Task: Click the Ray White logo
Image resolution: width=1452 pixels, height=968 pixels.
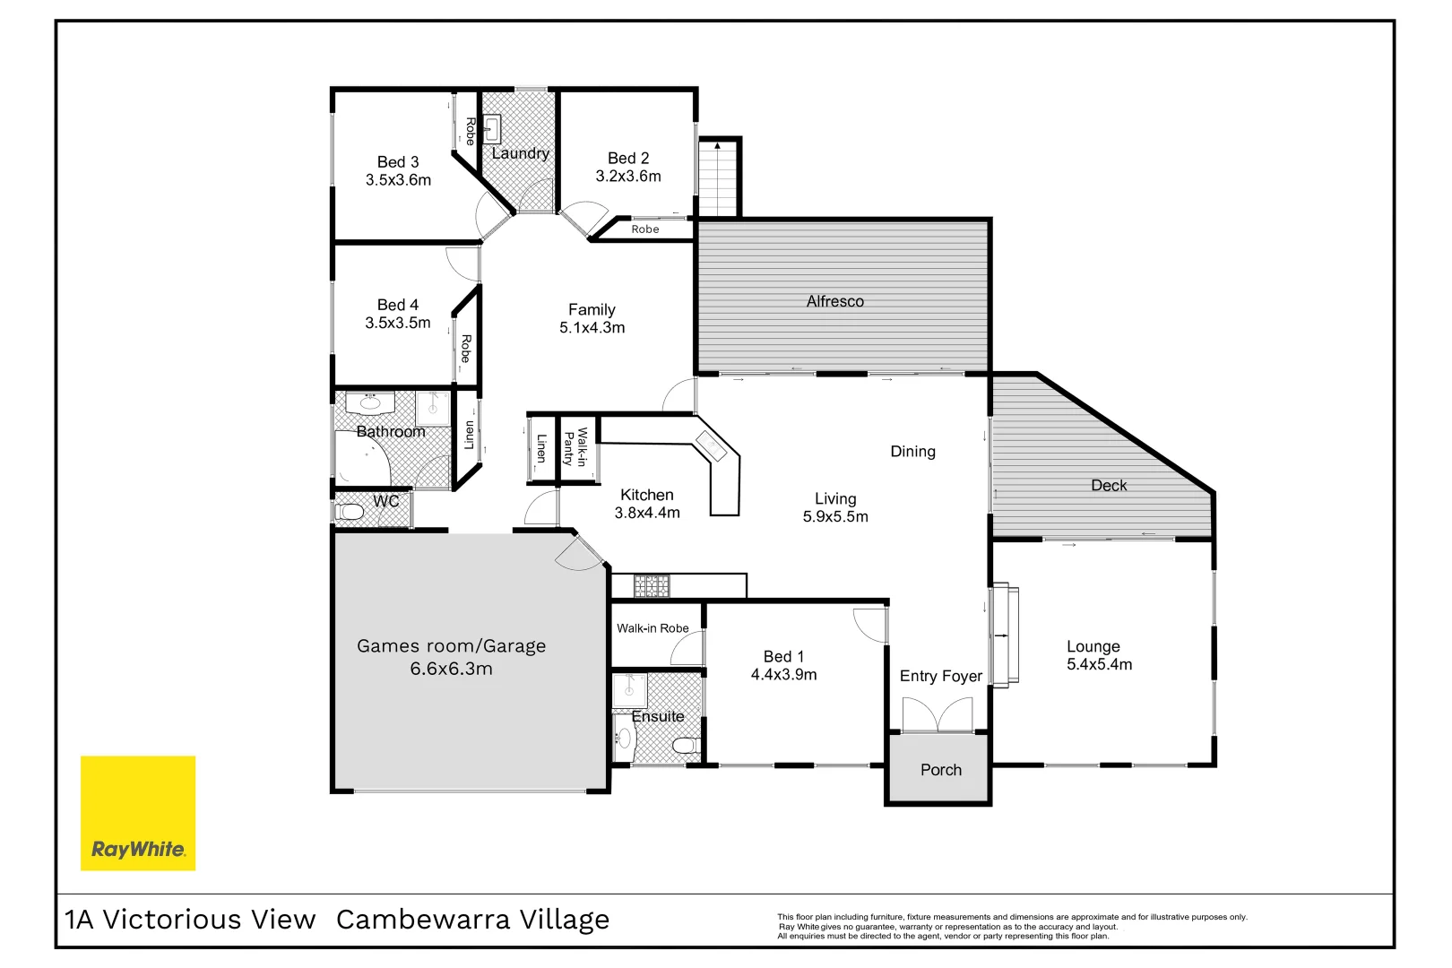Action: click(x=138, y=812)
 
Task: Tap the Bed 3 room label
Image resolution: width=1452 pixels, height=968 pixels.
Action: click(x=398, y=162)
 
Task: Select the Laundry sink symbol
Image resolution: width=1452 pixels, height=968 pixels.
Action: click(x=491, y=129)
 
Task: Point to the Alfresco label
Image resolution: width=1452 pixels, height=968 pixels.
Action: click(x=834, y=302)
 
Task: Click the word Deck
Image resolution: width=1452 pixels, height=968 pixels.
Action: click(x=1109, y=486)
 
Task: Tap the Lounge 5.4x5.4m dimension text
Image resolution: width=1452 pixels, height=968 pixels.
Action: click(x=1099, y=665)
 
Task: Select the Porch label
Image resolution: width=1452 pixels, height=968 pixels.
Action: click(x=940, y=770)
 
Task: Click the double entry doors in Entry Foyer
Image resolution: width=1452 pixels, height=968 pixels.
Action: click(x=937, y=715)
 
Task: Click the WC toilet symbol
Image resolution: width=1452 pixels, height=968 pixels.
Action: click(x=350, y=513)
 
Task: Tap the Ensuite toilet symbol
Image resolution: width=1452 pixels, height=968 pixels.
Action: click(x=686, y=746)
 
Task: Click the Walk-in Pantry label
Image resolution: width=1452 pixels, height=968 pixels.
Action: click(x=575, y=447)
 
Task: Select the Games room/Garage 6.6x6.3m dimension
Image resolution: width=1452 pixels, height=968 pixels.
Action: click(x=451, y=670)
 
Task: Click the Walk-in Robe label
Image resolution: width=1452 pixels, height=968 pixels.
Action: click(x=653, y=628)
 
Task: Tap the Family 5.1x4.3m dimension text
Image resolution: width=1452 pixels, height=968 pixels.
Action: click(x=592, y=328)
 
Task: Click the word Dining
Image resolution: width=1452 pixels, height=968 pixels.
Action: click(x=912, y=452)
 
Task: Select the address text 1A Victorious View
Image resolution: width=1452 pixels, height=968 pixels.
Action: click(x=190, y=920)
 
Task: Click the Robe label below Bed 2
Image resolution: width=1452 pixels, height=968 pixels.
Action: click(x=644, y=229)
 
